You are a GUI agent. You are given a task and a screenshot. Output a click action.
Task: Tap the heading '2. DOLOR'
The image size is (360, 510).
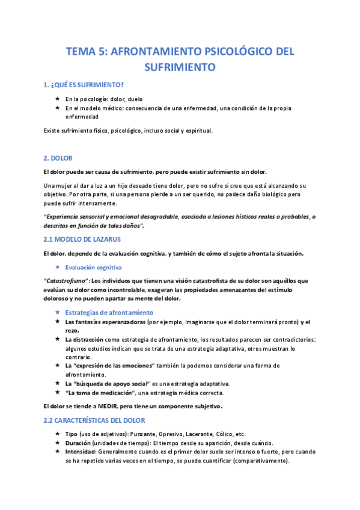[58, 158]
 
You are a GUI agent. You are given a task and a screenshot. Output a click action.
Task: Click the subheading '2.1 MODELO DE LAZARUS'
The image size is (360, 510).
[82, 239]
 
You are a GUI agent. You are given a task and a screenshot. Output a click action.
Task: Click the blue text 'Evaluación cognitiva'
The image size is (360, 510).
[93, 266]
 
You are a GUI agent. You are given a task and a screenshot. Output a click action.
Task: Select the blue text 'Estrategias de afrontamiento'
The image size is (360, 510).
[109, 313]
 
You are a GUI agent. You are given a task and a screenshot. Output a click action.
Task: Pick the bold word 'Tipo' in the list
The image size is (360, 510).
[72, 434]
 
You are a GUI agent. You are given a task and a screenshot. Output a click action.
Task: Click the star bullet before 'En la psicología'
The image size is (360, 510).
[57, 99]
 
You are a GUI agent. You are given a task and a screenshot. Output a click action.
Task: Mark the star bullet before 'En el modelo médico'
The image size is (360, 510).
[57, 108]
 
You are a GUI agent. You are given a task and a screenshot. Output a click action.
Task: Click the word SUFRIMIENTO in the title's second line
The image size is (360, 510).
[180, 67]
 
